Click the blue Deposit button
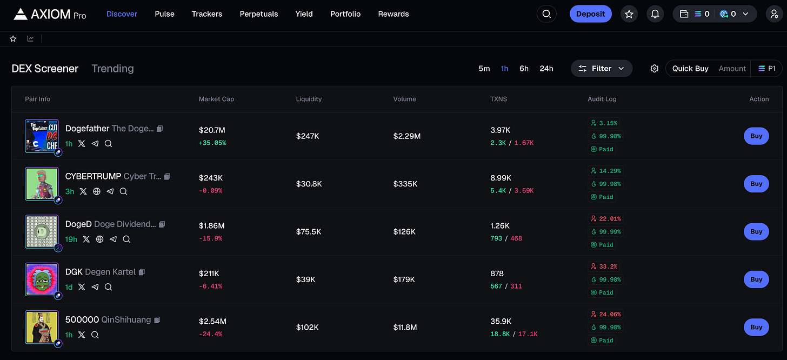point(590,14)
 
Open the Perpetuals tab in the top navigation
point(259,14)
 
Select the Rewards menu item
point(393,14)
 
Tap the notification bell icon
point(655,14)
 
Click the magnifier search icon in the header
point(546,14)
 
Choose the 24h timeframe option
point(546,69)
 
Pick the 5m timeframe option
point(484,69)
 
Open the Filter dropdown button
point(601,69)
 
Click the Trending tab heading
point(112,69)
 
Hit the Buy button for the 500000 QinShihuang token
point(756,327)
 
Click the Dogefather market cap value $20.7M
point(212,130)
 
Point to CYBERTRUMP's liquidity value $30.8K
point(309,184)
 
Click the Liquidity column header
point(309,99)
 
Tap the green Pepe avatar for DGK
point(42,279)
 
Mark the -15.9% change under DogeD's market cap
point(210,238)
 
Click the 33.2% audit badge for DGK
point(604,266)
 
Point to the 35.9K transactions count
point(501,321)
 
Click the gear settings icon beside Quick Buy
point(655,69)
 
